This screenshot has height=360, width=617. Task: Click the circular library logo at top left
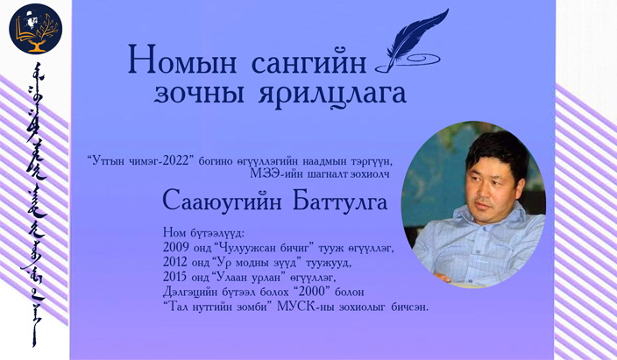coord(35,28)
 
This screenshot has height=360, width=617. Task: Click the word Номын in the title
coord(182,60)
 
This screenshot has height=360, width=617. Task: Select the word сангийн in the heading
coord(308,62)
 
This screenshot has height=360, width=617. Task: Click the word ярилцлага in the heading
coord(332,94)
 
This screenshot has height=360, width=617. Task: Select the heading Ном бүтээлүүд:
coord(204,233)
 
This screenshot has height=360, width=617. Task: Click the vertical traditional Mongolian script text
coord(34,205)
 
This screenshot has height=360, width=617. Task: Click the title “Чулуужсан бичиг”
coord(263,248)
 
